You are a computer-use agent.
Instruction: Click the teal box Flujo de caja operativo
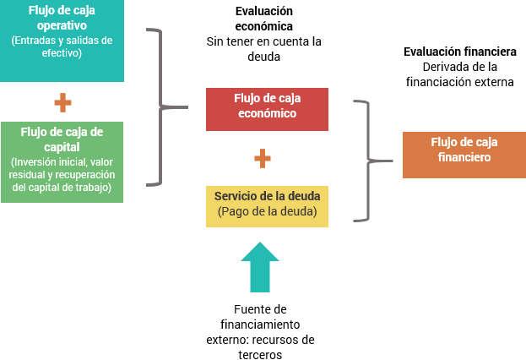pos(62,41)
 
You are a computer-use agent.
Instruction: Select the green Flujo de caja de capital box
pos(62,162)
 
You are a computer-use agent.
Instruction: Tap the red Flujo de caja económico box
pos(267,109)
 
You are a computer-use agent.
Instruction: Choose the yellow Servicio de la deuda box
pos(267,206)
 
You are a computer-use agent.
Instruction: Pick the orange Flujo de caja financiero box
pos(464,155)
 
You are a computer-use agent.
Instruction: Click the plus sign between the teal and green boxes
pos(62,102)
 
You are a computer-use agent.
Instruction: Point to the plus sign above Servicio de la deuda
pos(263,158)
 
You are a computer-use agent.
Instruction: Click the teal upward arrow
pos(260,267)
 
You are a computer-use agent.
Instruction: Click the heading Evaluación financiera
pos(460,52)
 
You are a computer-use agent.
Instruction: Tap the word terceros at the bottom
pos(260,355)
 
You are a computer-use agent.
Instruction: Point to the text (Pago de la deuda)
pos(268,211)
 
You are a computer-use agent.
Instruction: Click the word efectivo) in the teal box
pos(62,53)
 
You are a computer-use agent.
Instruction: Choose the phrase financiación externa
pos(460,82)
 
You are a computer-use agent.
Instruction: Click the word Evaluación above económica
pos(264,11)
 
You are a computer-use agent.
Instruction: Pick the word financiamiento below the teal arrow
pos(260,325)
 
